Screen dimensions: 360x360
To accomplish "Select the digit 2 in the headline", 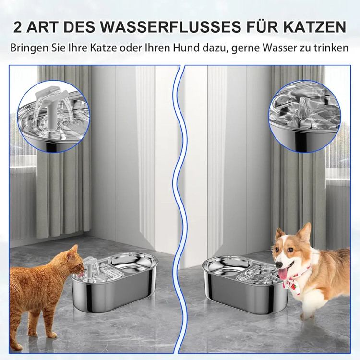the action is [x=18, y=27].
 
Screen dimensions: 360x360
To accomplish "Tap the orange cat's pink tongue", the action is [x=80, y=274].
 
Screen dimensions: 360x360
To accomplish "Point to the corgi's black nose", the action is [x=278, y=265].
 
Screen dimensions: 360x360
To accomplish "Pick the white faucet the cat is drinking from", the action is [x=90, y=268].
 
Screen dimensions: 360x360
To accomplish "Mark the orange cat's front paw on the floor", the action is [x=52, y=335].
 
